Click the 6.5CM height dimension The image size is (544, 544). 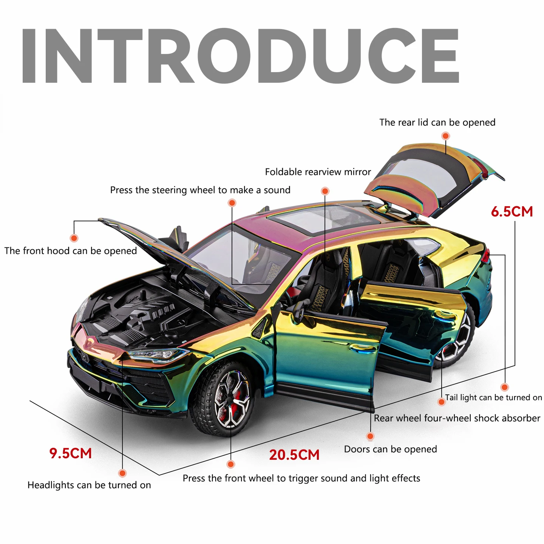(512, 212)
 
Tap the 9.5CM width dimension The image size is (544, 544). (71, 453)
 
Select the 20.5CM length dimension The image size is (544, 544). (294, 455)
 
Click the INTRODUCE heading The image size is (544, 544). (240, 56)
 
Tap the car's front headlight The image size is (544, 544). (159, 354)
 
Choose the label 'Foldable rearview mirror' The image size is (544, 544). (318, 172)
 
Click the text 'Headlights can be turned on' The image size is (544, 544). (89, 485)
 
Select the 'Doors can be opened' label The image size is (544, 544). (390, 449)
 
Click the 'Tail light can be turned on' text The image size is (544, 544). (493, 397)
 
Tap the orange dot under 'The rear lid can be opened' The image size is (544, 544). (446, 136)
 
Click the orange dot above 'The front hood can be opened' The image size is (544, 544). (74, 238)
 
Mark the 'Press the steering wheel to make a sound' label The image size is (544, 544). (200, 190)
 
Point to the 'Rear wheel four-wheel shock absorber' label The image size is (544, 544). (457, 418)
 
